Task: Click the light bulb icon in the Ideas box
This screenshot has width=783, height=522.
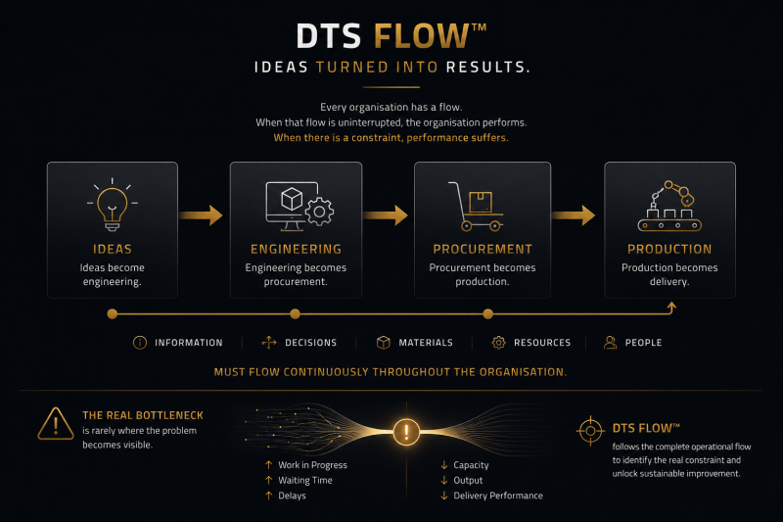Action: pos(113,205)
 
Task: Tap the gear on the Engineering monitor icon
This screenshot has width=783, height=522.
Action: pos(320,212)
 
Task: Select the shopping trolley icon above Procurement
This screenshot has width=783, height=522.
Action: pos(476,207)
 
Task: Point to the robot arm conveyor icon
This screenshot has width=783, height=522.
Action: pos(669,206)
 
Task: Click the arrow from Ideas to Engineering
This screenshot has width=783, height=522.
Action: pos(201,215)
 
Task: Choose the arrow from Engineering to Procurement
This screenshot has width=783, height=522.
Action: pos(386,215)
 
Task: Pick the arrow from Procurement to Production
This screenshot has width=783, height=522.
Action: pos(574,215)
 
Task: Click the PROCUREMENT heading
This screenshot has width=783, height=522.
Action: pos(483,250)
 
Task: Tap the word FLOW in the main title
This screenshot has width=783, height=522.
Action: pos(422,36)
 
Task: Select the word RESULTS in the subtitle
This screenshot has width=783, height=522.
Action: pos(487,67)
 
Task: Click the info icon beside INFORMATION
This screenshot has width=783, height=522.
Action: pos(140,343)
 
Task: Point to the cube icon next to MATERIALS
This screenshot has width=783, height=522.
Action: pos(384,343)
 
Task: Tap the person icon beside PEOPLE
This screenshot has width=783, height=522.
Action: pos(610,343)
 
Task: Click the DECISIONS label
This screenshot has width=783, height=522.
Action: pos(310,343)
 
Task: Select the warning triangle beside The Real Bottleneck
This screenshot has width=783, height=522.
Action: pos(56,424)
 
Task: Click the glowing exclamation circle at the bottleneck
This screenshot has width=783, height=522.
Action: pos(406,432)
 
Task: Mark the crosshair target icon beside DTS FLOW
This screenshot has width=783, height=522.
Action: pos(591,431)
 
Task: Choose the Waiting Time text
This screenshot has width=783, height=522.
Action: pos(305,481)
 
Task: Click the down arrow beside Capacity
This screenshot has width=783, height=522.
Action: pos(444,465)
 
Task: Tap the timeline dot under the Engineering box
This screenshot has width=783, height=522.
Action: pos(296,313)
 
